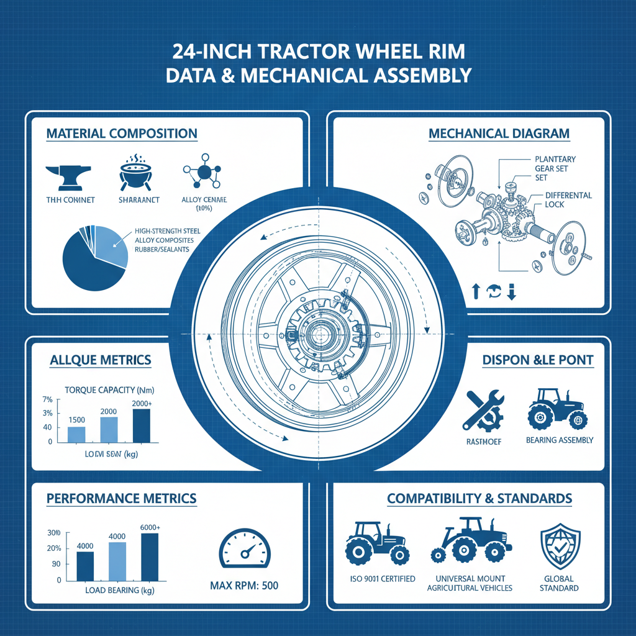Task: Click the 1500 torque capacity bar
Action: [x=76, y=434]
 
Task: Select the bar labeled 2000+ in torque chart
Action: [x=142, y=425]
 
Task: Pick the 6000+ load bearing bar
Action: [x=150, y=556]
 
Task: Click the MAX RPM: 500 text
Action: [x=244, y=586]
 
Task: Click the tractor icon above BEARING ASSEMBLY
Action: [x=556, y=407]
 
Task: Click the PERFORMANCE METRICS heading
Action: [x=122, y=498]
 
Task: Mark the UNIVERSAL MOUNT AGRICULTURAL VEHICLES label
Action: [x=470, y=584]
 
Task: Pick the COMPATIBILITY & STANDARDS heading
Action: [x=479, y=499]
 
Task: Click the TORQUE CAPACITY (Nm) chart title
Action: [x=109, y=391]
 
